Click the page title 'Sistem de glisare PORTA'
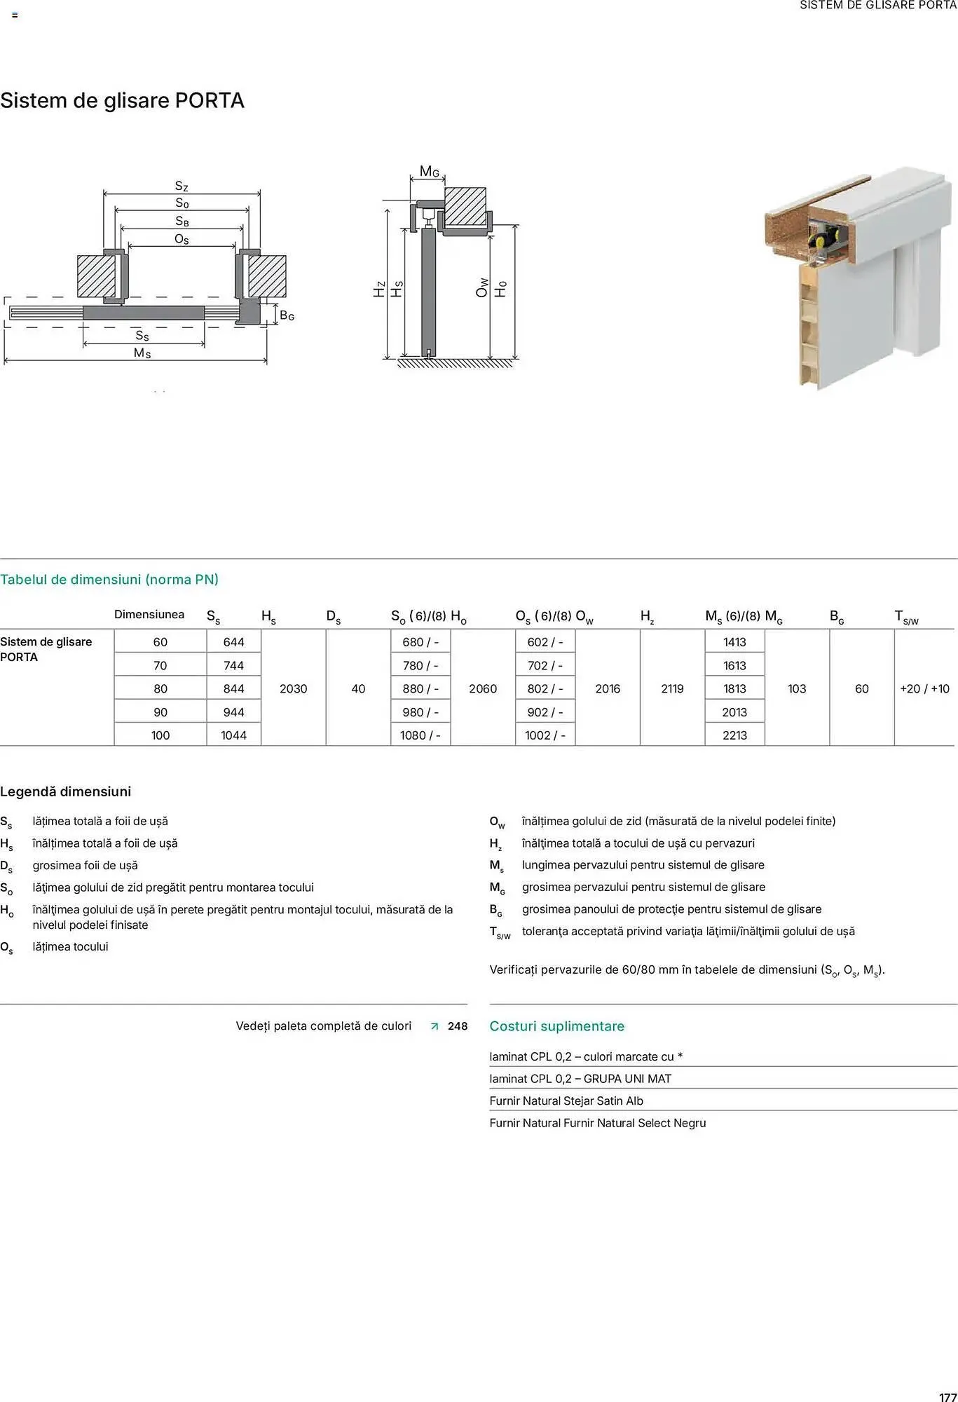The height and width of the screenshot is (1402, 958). point(122,101)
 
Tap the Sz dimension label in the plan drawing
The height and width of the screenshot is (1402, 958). point(182,186)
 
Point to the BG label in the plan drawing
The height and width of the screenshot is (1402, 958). point(287,316)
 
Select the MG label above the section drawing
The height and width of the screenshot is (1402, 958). point(429,172)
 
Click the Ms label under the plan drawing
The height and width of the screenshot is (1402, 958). point(142,353)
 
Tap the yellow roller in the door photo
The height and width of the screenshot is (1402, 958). point(819,243)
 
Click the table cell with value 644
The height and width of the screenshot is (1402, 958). point(233,642)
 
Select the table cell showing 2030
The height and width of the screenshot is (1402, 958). point(293,688)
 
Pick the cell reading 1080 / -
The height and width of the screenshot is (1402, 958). point(420,735)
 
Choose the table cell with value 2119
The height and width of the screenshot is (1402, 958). point(672,688)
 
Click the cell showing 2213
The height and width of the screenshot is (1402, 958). point(734,735)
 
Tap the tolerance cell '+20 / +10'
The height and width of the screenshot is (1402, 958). point(924,688)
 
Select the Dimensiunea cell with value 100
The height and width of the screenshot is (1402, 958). point(160,735)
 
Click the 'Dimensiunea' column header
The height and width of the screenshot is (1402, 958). point(149,615)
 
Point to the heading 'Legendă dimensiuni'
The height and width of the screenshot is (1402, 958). point(66,791)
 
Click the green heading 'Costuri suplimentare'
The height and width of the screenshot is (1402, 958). point(556,1026)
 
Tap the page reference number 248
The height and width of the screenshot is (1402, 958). point(458,1026)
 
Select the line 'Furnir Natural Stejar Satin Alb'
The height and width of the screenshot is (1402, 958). point(566,1101)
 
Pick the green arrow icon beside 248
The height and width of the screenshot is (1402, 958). point(434,1026)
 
